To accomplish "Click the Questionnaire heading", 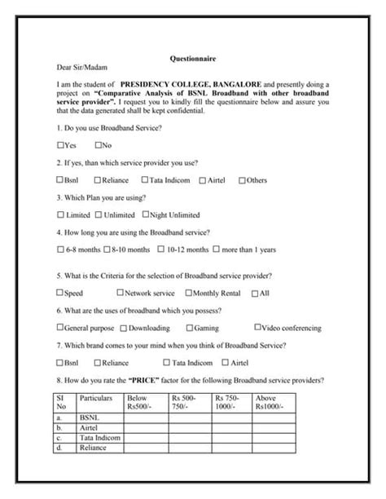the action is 192,60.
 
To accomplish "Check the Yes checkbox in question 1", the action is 60,145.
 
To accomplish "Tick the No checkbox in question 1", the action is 98,145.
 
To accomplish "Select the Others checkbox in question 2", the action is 241,179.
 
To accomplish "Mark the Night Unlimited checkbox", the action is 146,214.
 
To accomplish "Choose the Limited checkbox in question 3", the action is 60,214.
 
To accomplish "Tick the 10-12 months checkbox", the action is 160,249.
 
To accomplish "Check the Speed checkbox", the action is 60,292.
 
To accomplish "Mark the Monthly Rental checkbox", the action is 190,292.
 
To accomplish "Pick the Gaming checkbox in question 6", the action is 190,327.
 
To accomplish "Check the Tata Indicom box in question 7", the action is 167,362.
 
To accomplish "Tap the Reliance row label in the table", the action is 94,447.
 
